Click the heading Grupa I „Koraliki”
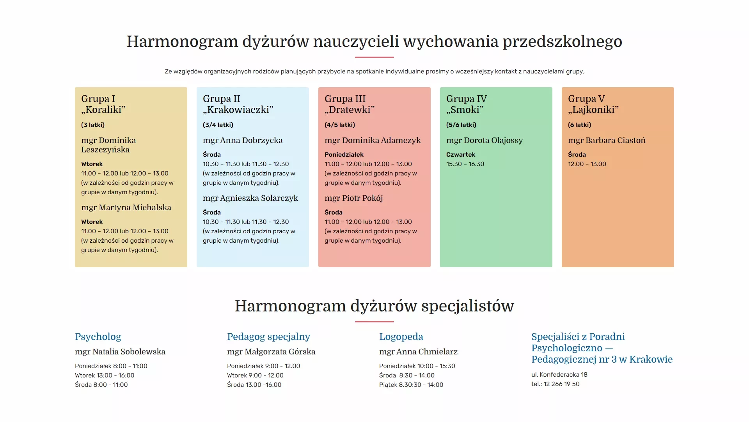click(103, 104)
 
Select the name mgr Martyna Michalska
click(126, 207)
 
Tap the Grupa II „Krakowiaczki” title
click(238, 104)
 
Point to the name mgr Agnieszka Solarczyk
click(250, 198)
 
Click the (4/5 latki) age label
click(340, 125)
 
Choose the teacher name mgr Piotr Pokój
click(354, 198)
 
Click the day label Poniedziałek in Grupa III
click(344, 155)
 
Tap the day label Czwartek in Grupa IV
click(461, 155)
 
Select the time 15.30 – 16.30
click(465, 164)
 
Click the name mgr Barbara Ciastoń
click(607, 140)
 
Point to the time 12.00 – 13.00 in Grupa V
click(587, 164)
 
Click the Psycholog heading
click(98, 337)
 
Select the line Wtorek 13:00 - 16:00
click(105, 376)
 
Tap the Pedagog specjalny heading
click(268, 337)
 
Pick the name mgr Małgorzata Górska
click(271, 352)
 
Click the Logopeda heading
click(401, 337)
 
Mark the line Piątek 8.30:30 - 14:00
click(411, 385)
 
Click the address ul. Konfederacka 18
click(559, 375)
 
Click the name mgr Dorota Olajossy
click(485, 140)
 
